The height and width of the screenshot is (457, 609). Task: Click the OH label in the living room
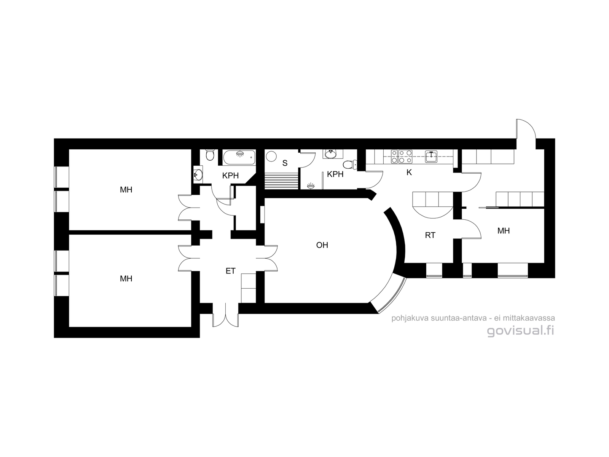point(322,245)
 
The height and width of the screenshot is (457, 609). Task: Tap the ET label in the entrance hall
point(231,271)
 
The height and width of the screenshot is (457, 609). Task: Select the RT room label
point(430,235)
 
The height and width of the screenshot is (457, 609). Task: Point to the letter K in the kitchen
point(409,173)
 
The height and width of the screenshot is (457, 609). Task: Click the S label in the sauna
point(285,163)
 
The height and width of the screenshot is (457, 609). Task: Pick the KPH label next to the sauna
point(335,174)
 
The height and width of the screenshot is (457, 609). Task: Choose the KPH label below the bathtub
point(230,176)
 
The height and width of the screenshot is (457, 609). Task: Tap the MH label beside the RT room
point(503,230)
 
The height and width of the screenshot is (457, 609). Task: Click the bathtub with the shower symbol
point(239,158)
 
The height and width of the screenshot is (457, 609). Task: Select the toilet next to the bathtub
point(210,155)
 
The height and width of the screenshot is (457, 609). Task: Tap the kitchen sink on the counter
point(431,157)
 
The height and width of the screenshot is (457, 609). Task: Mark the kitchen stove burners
point(402,157)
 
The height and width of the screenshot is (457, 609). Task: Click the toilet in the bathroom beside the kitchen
point(349,165)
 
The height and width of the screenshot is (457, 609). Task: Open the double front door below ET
point(226,315)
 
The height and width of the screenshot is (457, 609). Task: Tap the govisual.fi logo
point(520,331)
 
